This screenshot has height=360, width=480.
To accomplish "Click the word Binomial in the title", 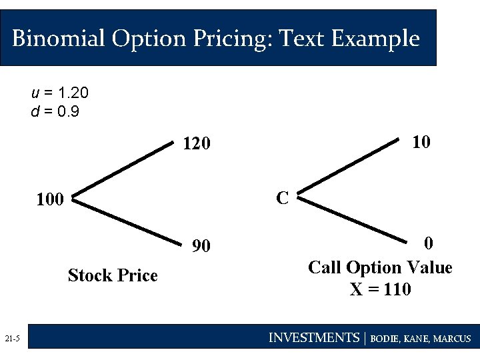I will click(x=58, y=38).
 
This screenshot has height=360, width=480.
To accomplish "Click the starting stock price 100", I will click(x=50, y=199).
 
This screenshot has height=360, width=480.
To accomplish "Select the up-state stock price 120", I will click(x=197, y=143).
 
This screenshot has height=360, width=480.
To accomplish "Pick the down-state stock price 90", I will click(x=201, y=247).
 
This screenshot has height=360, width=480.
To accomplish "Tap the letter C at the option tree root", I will click(x=282, y=198).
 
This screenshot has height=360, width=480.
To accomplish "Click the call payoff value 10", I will click(x=420, y=142).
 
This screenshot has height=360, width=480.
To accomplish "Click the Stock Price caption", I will click(x=113, y=275).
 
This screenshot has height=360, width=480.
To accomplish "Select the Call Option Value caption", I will click(x=380, y=268).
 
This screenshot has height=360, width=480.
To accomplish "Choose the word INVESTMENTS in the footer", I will click(x=313, y=338).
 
